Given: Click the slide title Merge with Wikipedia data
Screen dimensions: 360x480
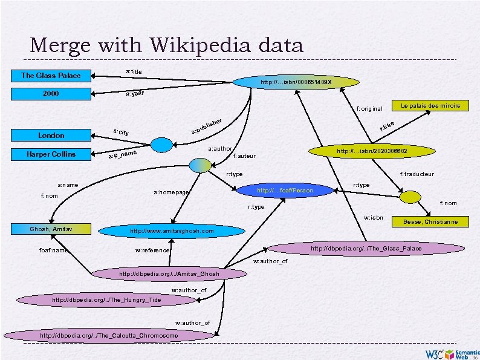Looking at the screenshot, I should click(166, 45).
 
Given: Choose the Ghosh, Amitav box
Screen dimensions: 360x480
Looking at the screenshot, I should click(51, 229).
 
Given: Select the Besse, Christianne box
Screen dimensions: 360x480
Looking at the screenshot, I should click(434, 222).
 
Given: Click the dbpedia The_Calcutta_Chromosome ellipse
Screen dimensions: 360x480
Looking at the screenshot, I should click(109, 335).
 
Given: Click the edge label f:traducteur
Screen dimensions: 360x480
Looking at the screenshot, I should click(417, 174).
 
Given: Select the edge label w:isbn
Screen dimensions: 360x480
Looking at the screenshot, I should click(373, 217).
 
